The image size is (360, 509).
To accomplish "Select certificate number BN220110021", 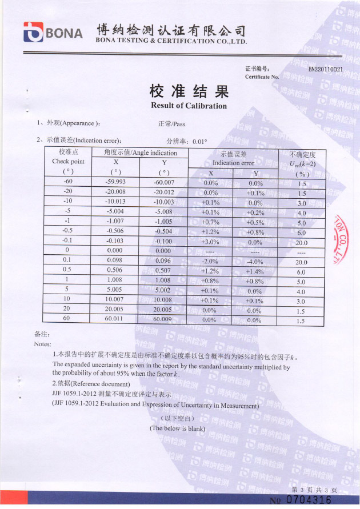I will coord(325,70).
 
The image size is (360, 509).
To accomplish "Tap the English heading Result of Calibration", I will coord(189,106).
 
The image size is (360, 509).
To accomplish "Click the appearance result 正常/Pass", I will coord(171,124).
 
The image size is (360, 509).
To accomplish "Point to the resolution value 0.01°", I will coord(199,141).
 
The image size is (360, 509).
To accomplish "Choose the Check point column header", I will coord(68,162).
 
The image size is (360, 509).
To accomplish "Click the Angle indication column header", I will coord(140,153).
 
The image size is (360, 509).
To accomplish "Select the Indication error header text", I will coord(233,163).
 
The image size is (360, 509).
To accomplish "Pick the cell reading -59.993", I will coord(115,182).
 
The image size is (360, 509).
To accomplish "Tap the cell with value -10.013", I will coord(115,202).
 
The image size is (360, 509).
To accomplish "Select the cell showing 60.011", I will coord(115,319).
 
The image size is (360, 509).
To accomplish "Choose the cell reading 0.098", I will coord(115,260).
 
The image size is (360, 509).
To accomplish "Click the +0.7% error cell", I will coord(210,222).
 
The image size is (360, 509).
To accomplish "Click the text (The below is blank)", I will coord(177,428).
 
